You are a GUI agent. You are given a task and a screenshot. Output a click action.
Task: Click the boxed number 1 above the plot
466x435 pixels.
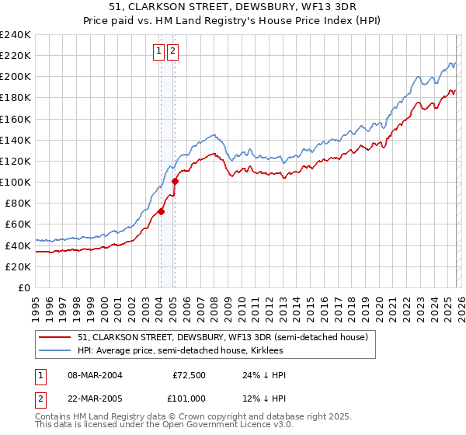click(x=158, y=52)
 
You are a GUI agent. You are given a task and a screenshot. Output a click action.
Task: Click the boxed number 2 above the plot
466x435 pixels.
click(x=172, y=52)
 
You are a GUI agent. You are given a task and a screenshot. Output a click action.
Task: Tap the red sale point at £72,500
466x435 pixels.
click(x=161, y=211)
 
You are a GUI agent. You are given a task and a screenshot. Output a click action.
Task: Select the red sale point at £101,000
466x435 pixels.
click(x=175, y=181)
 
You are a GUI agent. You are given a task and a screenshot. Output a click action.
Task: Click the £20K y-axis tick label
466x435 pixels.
click(x=18, y=266)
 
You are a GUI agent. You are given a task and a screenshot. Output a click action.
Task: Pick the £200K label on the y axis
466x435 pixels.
click(x=16, y=77)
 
